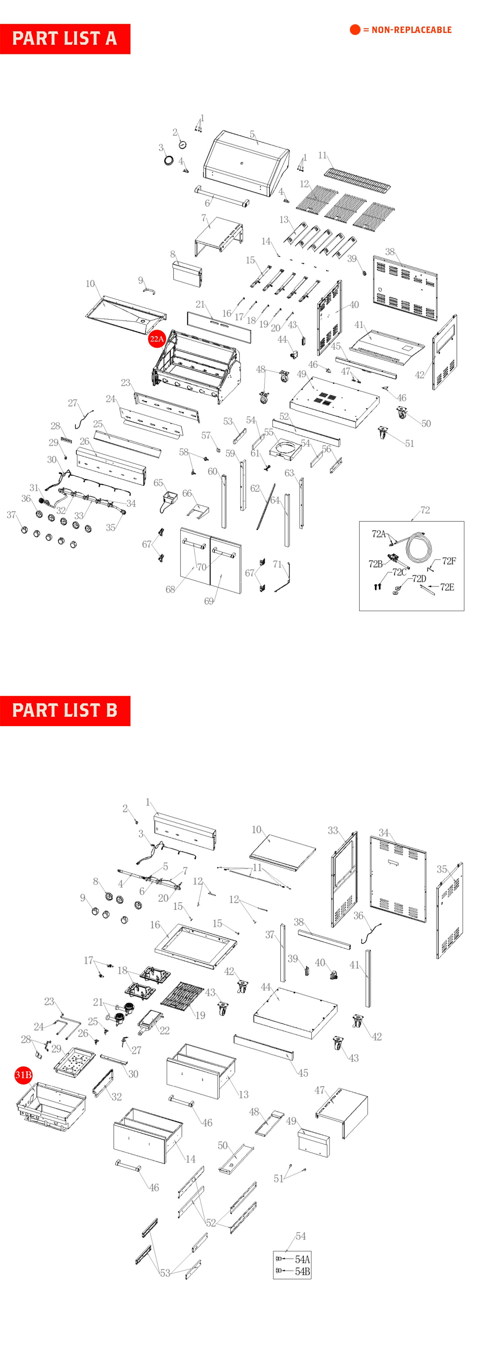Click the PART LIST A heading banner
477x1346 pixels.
tap(65, 39)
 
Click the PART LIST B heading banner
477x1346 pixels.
tap(65, 711)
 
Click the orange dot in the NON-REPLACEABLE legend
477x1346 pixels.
tap(355, 30)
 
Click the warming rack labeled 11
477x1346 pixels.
tap(357, 179)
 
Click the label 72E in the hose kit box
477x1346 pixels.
tap(447, 587)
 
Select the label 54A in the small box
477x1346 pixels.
tap(302, 1259)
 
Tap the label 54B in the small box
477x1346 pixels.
tap(302, 1271)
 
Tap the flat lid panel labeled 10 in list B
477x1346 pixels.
tap(283, 852)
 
